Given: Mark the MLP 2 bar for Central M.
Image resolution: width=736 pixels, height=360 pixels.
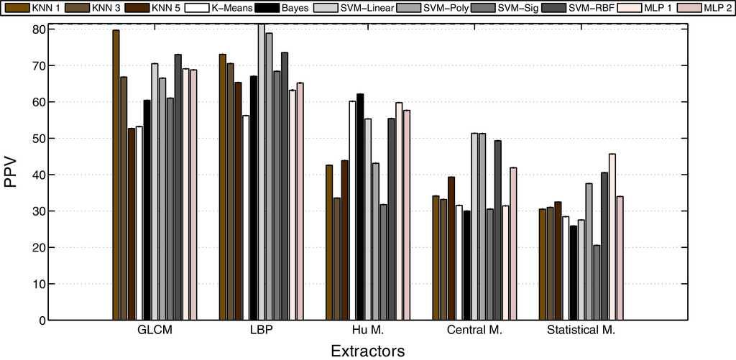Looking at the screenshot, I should pos(512,244).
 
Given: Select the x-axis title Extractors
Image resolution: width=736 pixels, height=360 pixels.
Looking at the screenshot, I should pos(367,350).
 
